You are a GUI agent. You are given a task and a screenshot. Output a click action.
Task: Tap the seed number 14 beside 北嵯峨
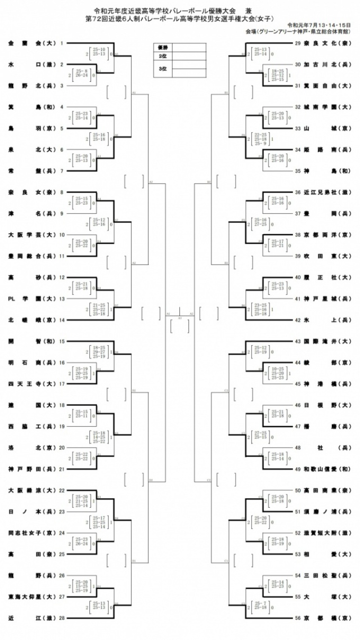[x=62, y=320]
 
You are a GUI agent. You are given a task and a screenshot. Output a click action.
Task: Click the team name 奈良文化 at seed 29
[x=329, y=43]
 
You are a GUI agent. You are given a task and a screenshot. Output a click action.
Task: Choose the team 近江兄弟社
[x=329, y=192]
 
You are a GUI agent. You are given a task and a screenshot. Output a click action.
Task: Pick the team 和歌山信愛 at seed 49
[x=329, y=469]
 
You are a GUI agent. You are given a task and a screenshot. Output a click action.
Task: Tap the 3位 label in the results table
[x=163, y=69]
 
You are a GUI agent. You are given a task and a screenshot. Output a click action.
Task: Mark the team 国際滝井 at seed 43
[x=329, y=341]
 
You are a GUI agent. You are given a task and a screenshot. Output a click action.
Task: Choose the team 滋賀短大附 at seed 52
[x=329, y=532]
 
